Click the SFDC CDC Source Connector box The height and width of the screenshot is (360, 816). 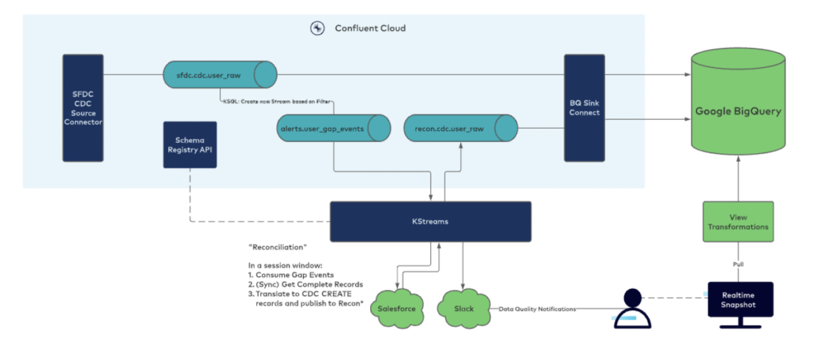coord(82,108)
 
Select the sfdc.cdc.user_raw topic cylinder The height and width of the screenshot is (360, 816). coord(219,74)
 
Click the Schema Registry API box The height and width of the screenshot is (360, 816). coord(189,145)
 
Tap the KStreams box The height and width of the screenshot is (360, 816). coord(431,221)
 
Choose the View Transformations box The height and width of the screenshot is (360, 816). coord(738,221)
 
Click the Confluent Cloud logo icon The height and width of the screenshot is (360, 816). coord(317,28)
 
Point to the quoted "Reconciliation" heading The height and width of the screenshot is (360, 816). coord(278,247)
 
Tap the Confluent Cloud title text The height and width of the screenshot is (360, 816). coord(370,28)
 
